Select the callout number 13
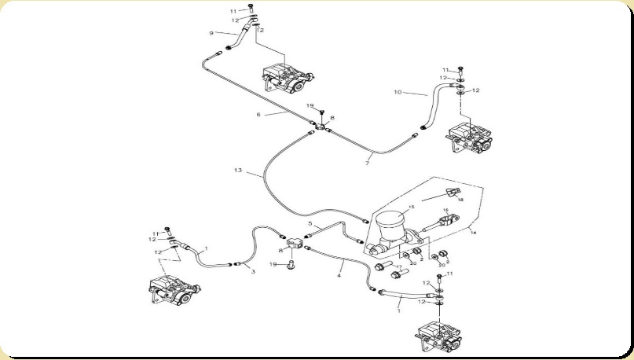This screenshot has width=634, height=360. click(x=239, y=171)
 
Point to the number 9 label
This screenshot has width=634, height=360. click(x=211, y=33)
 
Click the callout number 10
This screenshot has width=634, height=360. click(x=398, y=92)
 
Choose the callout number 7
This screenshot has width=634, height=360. click(x=367, y=163)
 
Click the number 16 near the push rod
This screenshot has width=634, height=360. click(x=445, y=211)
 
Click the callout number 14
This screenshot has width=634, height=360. click(x=473, y=233)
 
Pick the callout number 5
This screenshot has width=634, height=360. click(x=310, y=224)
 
